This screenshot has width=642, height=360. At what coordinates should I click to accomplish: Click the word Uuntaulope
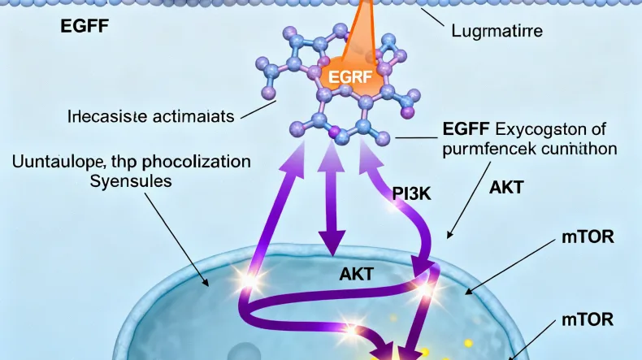click(x=50, y=161)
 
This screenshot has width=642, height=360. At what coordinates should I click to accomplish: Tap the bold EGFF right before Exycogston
click(x=466, y=128)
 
